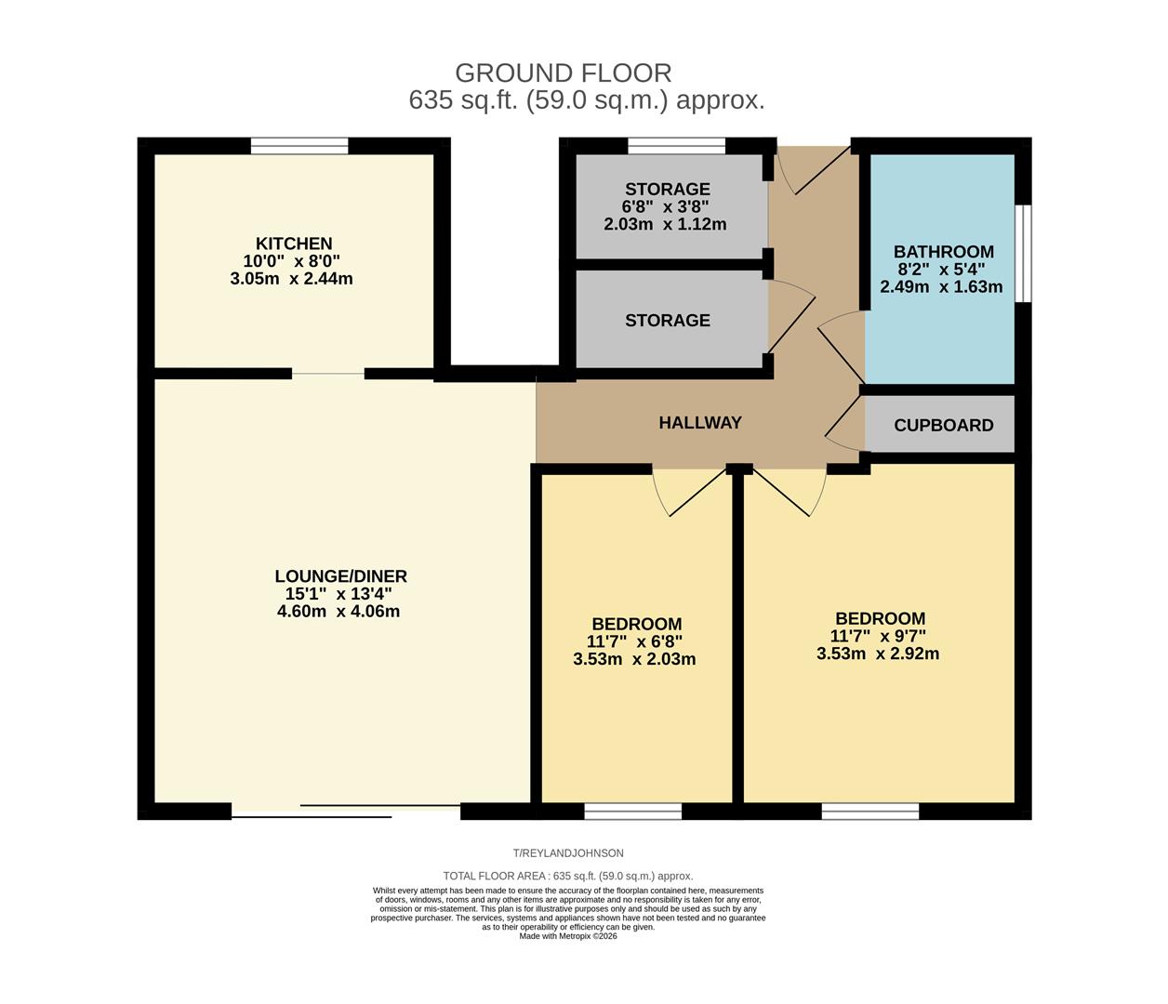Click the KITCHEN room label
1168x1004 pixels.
[x=294, y=244]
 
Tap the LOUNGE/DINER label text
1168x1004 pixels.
[x=340, y=576]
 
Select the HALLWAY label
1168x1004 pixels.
[x=700, y=423]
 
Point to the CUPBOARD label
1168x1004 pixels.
[x=943, y=426]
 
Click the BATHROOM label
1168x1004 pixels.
[x=943, y=252]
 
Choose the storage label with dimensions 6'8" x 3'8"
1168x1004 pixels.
[x=667, y=190]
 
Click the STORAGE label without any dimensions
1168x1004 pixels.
[x=667, y=321]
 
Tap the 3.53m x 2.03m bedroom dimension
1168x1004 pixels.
[x=634, y=660]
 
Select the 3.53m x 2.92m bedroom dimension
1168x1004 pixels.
[x=878, y=654]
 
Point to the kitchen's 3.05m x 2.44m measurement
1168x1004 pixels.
[x=291, y=279]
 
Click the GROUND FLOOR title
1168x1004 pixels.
[x=563, y=73]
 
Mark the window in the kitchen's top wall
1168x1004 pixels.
[x=299, y=146]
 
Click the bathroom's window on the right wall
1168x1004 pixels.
[x=1023, y=254]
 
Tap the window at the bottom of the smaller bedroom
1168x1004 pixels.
[x=632, y=812]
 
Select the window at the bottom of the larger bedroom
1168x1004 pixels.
[x=869, y=812]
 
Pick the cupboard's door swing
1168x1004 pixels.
[x=844, y=424]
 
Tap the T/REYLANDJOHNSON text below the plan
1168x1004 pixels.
[x=568, y=853]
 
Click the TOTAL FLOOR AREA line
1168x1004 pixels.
[x=568, y=876]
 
